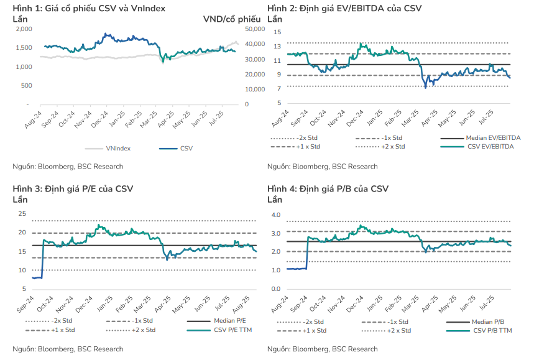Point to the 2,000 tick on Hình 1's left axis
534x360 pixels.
point(23,29)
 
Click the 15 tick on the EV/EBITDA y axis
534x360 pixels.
point(278,32)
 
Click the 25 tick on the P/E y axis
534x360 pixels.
point(22,214)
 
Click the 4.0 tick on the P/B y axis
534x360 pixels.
point(276,215)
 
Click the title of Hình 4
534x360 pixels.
point(328,189)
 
